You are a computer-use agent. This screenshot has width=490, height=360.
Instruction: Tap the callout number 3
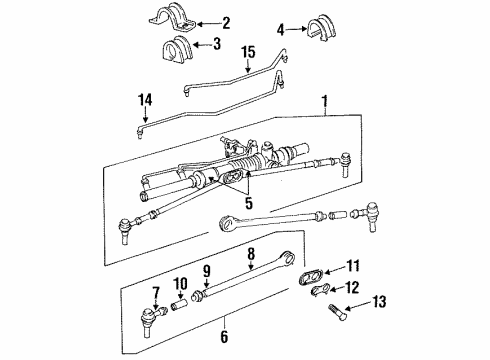coord(217,45)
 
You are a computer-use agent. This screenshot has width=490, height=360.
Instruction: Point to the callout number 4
coord(281,30)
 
